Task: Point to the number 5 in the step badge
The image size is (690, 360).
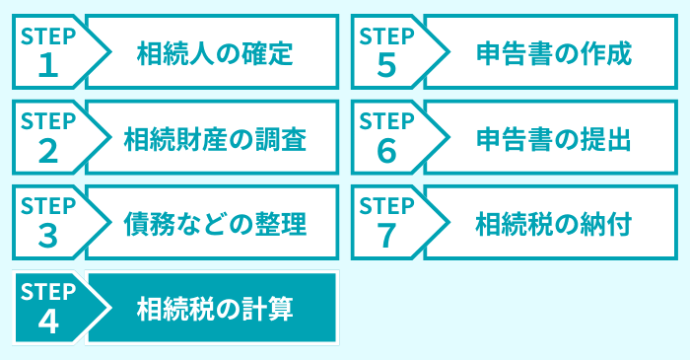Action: [386, 66]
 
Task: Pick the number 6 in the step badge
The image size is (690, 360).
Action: [386, 151]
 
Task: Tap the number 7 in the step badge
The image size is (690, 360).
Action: [386, 236]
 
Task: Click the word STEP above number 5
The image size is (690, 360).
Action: [386, 36]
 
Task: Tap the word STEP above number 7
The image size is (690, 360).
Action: [386, 205]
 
